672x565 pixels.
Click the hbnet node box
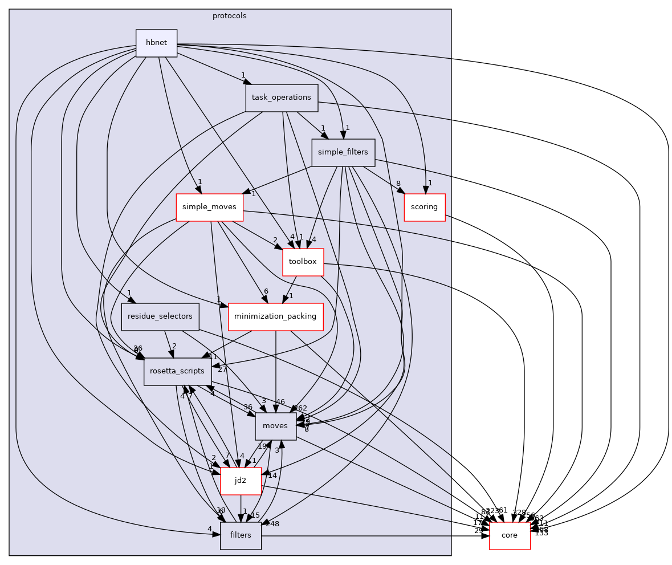[x=156, y=43]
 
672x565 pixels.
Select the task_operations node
[x=281, y=97]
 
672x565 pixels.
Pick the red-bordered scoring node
[x=424, y=207]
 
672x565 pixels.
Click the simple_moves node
[x=209, y=207]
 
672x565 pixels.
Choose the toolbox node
[x=303, y=262]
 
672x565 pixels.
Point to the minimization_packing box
[x=276, y=316]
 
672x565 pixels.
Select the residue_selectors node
[x=160, y=316]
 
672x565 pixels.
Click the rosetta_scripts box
[x=177, y=371]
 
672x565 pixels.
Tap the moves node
[x=275, y=426]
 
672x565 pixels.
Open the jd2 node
[x=241, y=481]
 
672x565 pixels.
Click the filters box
[x=241, y=535]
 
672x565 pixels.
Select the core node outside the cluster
[x=510, y=535]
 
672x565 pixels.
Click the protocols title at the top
[x=230, y=16]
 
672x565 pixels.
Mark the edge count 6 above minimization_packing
[x=265, y=291]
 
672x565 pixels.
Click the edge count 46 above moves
[x=280, y=401]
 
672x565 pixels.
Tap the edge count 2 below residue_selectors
[x=174, y=345]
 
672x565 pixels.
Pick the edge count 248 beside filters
[x=272, y=523]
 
